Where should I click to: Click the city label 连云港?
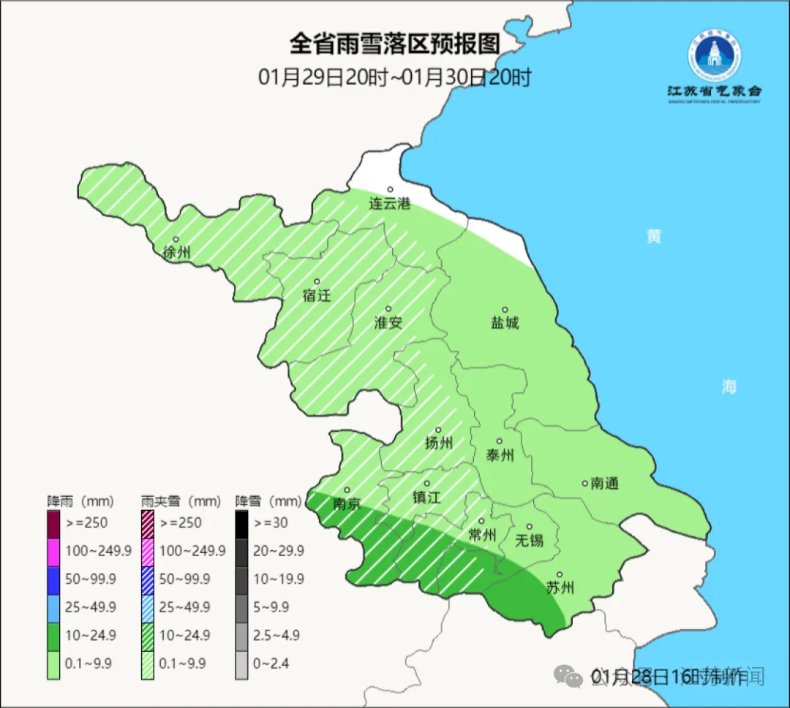point(390,204)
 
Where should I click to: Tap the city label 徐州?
point(177,253)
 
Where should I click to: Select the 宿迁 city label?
point(317,295)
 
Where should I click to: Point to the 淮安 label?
point(388,322)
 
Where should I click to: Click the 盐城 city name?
point(505,322)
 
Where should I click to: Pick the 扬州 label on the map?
point(439,443)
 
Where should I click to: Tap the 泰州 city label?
point(500,455)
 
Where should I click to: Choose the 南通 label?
point(605,483)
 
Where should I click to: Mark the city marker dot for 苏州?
point(560,575)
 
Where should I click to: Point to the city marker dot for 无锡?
point(529,527)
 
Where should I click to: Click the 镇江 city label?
point(426,497)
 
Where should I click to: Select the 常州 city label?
point(483,535)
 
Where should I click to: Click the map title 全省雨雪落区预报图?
point(395,44)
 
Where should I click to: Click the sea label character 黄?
point(653,236)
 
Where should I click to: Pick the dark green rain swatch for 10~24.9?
point(53,636)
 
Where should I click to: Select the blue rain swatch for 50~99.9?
point(53,579)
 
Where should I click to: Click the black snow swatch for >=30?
point(241,523)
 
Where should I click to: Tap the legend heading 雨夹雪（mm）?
point(181,502)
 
